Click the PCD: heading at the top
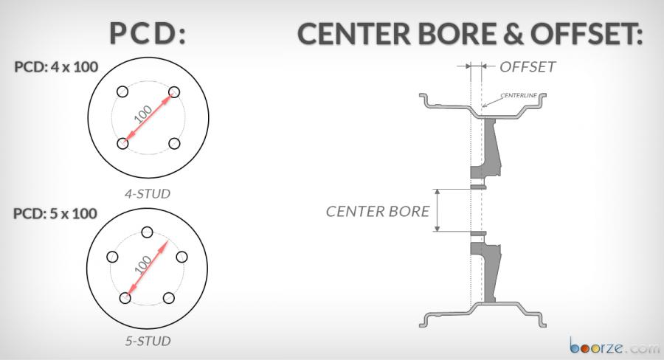click(148, 33)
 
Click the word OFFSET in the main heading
click(587, 33)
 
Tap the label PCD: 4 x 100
click(56, 67)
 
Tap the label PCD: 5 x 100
click(55, 213)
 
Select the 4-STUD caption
click(148, 193)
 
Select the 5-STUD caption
click(148, 341)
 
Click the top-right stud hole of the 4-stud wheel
click(174, 92)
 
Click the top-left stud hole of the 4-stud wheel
click(122, 91)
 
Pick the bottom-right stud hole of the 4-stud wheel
click(174, 144)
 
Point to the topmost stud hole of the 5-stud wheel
click(147, 232)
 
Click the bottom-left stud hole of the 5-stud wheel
click(125, 298)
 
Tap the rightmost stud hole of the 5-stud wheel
click(181, 257)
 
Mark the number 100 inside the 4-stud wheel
click(142, 114)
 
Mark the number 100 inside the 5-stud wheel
click(142, 265)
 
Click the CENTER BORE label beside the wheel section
click(378, 211)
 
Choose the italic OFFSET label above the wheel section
click(528, 67)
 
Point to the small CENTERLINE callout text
click(519, 95)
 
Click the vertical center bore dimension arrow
click(438, 210)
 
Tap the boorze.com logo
click(615, 346)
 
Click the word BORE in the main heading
click(457, 33)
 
